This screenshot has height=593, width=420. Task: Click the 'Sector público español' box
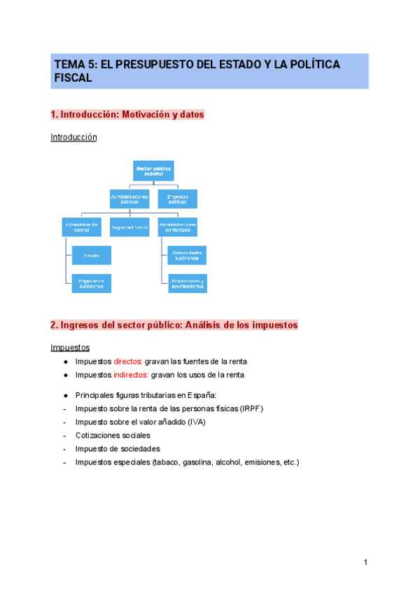click(x=153, y=171)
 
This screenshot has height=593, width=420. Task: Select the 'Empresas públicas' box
click(x=177, y=199)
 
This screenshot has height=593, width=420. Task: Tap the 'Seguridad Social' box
click(x=129, y=227)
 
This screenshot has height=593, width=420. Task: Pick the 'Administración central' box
click(x=81, y=227)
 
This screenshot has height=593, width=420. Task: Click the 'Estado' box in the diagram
click(x=92, y=255)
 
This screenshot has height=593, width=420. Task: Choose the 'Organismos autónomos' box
click(x=92, y=283)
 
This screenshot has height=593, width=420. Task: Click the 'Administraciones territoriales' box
click(x=177, y=227)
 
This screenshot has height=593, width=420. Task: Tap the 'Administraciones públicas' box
click(x=129, y=199)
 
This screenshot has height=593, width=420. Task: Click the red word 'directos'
click(x=127, y=362)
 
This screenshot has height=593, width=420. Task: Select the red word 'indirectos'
click(x=131, y=375)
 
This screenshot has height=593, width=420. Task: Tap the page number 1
click(x=365, y=563)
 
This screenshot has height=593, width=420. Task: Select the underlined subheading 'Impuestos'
click(x=70, y=348)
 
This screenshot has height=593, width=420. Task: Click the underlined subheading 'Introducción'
click(x=73, y=138)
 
